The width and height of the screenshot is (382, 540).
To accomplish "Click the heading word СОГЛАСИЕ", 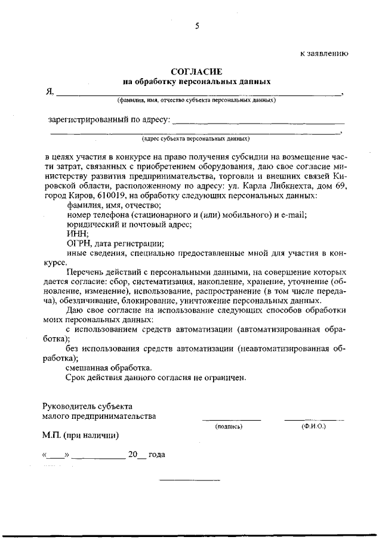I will pyautogui.click(x=196, y=72).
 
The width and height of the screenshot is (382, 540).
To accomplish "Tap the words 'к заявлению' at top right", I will pyautogui.click(x=324, y=53).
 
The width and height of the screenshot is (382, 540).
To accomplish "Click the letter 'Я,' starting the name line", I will pyautogui.click(x=51, y=92).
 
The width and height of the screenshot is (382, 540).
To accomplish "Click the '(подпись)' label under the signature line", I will pyautogui.click(x=229, y=427).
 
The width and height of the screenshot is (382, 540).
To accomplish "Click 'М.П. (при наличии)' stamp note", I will pyautogui.click(x=81, y=435).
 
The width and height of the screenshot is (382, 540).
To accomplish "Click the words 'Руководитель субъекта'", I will pyautogui.click(x=87, y=406).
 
